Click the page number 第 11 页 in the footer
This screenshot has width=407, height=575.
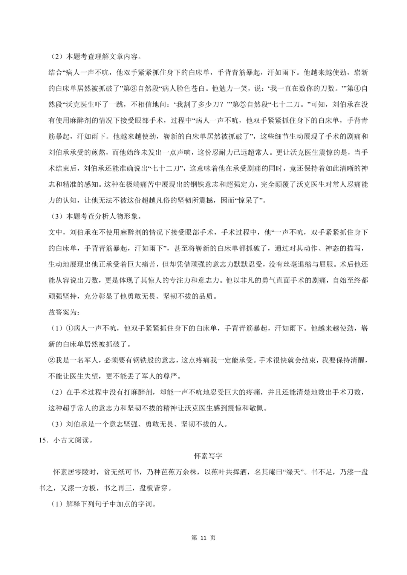click(x=203, y=538)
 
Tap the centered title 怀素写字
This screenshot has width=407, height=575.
click(x=208, y=456)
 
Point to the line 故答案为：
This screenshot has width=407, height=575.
click(x=64, y=313)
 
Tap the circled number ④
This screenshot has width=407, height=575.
click(x=357, y=88)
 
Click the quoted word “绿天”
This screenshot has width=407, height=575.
click(x=294, y=472)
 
